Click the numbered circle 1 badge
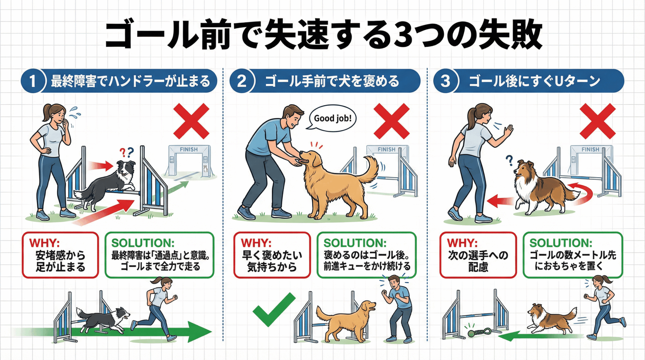pyautogui.click(x=33, y=81)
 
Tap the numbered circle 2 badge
pyautogui.click(x=242, y=81)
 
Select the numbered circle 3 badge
pyautogui.click(x=445, y=81)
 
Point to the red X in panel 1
pyautogui.click(x=191, y=121)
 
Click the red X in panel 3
pyautogui.click(x=598, y=121)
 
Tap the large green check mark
pyautogui.click(x=274, y=309)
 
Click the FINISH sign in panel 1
pyautogui.click(x=189, y=149)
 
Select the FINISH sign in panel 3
pyautogui.click(x=590, y=149)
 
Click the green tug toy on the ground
pyautogui.click(x=479, y=332)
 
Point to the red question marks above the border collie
pyautogui.click(x=126, y=152)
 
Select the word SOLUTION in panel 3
pyautogui.click(x=558, y=243)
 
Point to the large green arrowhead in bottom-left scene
pyautogui.click(x=200, y=332)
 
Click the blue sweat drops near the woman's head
pyautogui.click(x=75, y=113)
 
